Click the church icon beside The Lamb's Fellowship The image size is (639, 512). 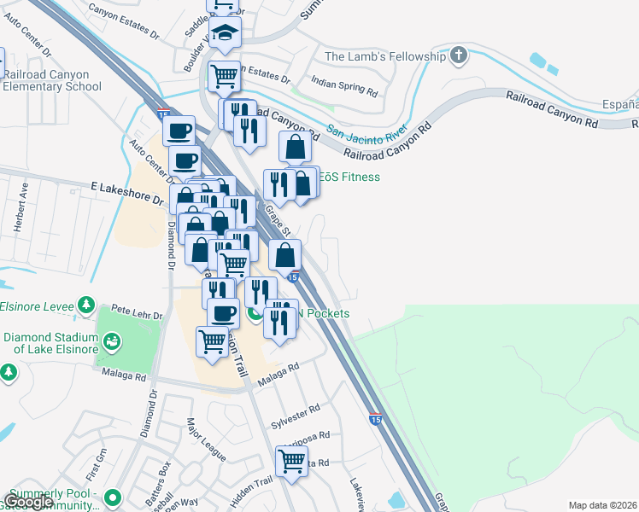point(459,56)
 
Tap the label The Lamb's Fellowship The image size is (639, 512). point(385,57)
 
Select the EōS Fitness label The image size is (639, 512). point(350,177)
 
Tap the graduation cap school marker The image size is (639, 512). point(226,33)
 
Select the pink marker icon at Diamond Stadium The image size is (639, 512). point(110,343)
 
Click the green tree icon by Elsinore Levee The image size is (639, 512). point(85,305)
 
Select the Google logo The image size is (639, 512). point(28,503)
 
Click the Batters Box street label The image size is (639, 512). point(159,474)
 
